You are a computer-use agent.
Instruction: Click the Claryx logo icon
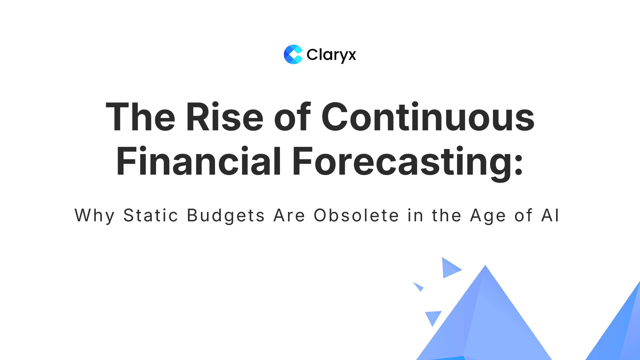coord(293,54)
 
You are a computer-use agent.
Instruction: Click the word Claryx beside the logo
coord(331,55)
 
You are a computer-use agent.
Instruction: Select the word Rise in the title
coord(225,117)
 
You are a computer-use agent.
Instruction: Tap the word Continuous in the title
coord(428,117)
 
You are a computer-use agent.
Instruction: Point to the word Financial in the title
coord(199,162)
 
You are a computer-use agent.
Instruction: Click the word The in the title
coord(140,117)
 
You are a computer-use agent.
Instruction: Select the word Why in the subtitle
coord(95,216)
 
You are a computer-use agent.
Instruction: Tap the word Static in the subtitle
coord(151,216)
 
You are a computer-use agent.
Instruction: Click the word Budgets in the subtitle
coord(226,216)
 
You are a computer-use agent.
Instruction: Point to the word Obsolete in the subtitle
coord(356,216)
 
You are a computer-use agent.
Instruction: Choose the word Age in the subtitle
coord(488,216)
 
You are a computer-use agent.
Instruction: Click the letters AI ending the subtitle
coord(550,216)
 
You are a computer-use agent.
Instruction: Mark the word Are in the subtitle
coord(289,216)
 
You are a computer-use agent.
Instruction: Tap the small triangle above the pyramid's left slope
coord(450,268)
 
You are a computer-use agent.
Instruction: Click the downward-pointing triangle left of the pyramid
coord(433,317)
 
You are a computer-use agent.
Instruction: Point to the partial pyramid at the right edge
coord(620,330)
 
